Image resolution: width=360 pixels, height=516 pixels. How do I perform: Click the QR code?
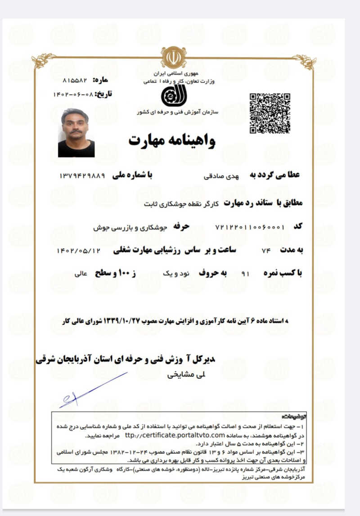coord(270,113)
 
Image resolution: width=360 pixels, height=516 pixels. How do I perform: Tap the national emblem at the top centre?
coord(173,57)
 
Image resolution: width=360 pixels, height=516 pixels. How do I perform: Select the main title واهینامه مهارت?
coord(172,141)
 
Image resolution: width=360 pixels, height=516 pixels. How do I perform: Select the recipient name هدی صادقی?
coord(220,177)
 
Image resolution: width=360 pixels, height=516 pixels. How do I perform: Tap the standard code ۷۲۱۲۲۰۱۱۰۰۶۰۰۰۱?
coord(250,227)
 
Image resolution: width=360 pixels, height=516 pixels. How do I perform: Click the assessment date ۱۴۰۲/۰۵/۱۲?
coord(78,250)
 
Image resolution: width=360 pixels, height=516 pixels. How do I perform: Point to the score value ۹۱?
coord(245,273)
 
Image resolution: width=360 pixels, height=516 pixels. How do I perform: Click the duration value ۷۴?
coord(265,250)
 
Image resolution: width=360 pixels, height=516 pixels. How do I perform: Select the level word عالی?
coord(81,273)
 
